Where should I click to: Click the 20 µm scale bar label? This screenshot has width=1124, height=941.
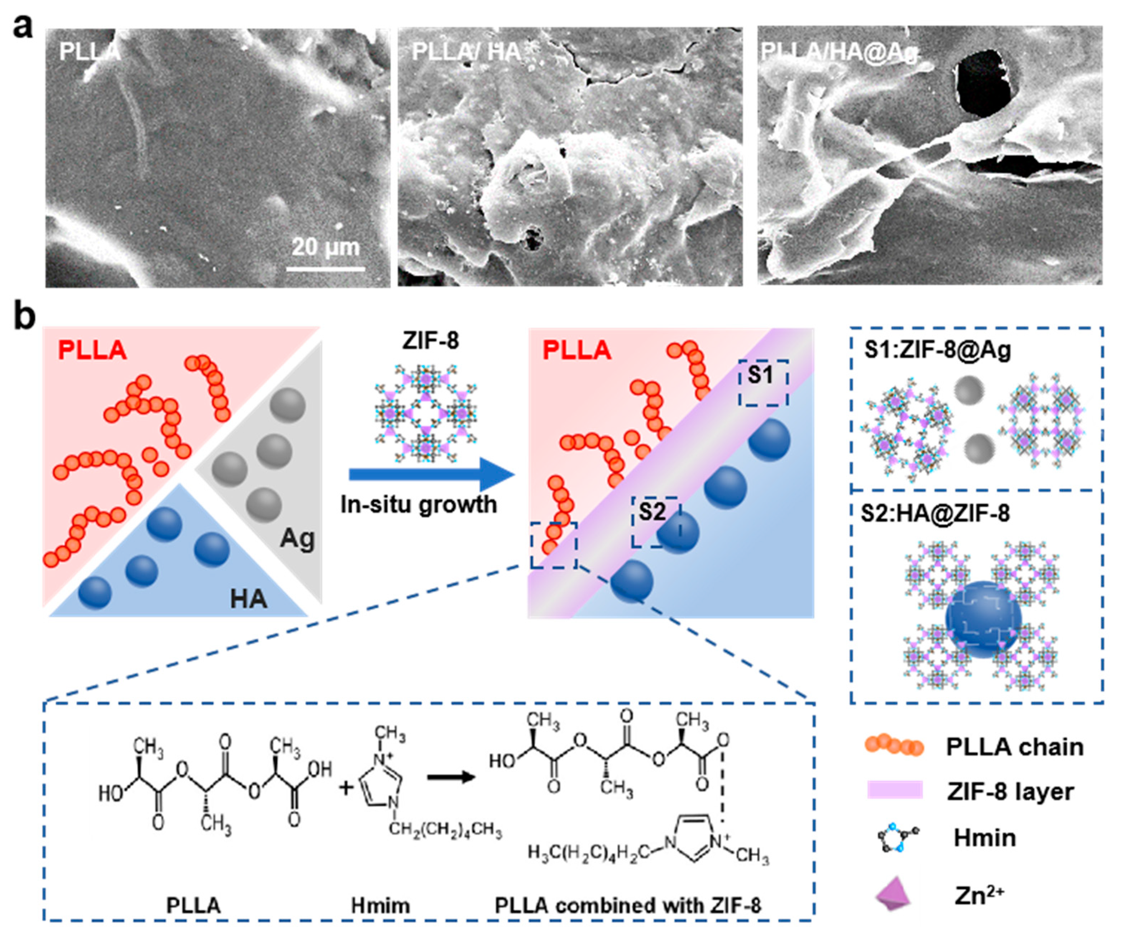coord(325,247)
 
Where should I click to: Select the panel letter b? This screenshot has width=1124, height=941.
coord(24,317)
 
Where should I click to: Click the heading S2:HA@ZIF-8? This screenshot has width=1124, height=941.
coord(935,514)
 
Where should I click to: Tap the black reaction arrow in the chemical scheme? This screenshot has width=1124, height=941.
coord(451,776)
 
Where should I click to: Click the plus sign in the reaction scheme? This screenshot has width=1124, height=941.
coord(346,787)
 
